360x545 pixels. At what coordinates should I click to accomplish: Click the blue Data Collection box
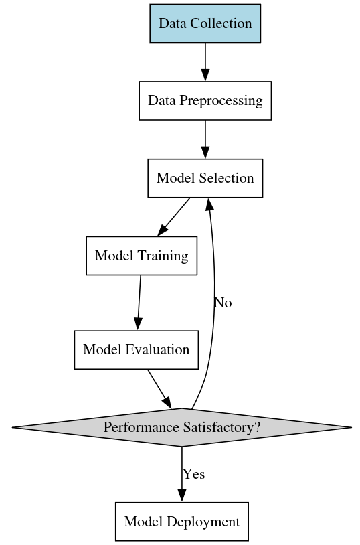click(205, 23)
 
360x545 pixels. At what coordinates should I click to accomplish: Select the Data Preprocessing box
click(205, 101)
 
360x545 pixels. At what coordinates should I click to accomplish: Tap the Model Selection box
click(205, 178)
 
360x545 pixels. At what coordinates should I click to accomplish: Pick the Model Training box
click(141, 256)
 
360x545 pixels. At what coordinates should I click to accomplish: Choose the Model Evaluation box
click(137, 349)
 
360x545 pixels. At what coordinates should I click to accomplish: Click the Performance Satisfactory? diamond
click(182, 427)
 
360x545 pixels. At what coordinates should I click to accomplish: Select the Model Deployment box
click(182, 522)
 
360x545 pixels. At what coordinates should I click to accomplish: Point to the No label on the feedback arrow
click(223, 303)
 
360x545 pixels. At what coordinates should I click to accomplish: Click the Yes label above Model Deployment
click(194, 474)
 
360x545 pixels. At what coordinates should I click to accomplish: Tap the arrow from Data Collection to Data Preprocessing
click(205, 62)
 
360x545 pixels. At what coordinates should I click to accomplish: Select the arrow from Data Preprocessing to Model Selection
click(205, 139)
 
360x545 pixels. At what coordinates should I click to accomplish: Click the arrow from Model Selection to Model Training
click(174, 217)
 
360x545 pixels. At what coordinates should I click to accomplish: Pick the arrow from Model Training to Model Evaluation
click(139, 303)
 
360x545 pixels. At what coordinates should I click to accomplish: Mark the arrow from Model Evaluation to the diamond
click(159, 389)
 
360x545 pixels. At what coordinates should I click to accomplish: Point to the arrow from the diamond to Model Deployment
click(182, 474)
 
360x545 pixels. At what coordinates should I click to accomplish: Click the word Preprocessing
click(221, 101)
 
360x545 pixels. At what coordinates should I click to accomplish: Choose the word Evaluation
click(158, 349)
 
